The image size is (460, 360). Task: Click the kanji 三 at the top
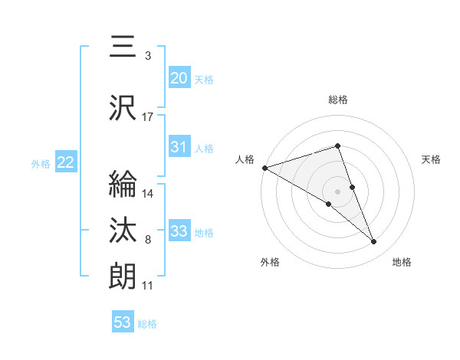click(123, 47)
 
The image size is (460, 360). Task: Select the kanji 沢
click(123, 108)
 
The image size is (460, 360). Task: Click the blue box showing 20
click(179, 78)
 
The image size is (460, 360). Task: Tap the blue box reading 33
click(179, 231)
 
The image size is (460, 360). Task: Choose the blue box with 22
click(66, 162)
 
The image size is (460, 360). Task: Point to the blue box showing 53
click(123, 322)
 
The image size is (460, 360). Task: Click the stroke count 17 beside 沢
click(148, 117)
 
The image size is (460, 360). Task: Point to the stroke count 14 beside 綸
click(148, 194)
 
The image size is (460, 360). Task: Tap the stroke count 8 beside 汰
click(148, 241)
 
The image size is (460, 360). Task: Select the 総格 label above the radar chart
click(338, 100)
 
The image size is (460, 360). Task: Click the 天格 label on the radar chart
click(432, 159)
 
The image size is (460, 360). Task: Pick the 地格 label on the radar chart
click(402, 263)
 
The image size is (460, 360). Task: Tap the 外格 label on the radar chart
click(270, 263)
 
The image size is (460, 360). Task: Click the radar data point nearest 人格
click(264, 167)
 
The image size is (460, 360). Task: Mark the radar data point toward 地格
click(374, 242)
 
